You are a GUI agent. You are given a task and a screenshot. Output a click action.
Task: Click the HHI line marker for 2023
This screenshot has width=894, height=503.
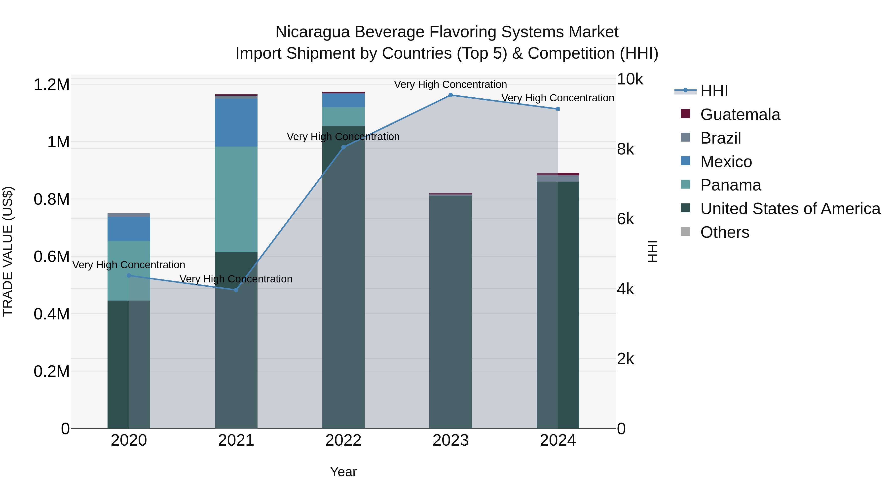click(x=450, y=95)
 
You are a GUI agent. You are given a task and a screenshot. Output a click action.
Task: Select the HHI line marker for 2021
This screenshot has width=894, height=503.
click(x=236, y=290)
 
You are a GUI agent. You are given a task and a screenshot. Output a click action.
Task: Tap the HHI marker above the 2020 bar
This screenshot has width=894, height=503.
click(x=129, y=276)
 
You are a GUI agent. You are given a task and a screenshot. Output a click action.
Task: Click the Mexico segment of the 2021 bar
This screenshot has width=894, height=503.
click(x=236, y=122)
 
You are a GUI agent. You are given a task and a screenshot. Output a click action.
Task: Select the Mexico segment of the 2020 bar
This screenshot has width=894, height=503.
click(x=129, y=229)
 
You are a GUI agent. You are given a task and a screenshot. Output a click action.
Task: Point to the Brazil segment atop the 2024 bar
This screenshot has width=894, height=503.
click(x=558, y=178)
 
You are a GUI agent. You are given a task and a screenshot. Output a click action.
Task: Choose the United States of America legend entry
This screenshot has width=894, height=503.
click(x=790, y=209)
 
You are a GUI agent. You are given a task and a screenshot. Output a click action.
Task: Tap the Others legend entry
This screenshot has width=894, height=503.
click(x=724, y=232)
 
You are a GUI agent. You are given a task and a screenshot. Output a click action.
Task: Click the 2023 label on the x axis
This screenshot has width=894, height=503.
click(x=450, y=440)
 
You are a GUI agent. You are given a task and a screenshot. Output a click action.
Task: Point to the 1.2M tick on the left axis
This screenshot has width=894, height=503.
click(x=51, y=85)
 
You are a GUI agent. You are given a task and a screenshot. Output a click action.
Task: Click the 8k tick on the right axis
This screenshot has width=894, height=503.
click(x=625, y=149)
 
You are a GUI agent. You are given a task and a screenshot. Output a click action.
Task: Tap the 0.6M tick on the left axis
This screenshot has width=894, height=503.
click(x=51, y=257)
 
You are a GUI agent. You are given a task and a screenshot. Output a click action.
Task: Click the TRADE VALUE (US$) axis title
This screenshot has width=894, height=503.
click(x=8, y=251)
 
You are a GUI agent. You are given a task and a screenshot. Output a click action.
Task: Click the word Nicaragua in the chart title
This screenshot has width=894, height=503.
click(x=312, y=32)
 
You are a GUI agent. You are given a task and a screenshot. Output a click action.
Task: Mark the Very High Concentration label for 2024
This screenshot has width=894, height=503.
click(x=558, y=98)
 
